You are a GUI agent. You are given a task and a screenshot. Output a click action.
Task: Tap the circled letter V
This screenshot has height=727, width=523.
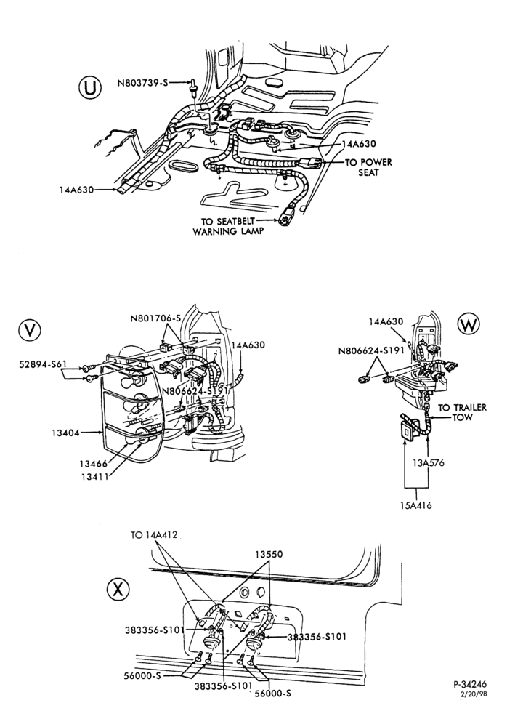coord(30,330)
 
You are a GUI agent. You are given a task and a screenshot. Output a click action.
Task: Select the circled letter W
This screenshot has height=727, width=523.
coord(469,325)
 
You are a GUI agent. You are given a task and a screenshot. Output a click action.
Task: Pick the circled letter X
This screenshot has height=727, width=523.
coord(118,589)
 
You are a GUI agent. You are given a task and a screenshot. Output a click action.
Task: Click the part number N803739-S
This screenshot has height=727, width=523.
coord(142,83)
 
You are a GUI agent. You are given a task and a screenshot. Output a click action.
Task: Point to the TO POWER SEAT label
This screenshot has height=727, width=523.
coord(368,167)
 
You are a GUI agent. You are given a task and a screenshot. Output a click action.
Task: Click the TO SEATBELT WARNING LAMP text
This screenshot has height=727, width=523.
coord(227,226)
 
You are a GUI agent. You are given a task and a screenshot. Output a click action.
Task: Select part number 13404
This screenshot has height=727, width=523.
coord(65,433)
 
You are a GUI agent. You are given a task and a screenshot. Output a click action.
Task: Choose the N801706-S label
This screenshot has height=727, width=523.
coord(155,318)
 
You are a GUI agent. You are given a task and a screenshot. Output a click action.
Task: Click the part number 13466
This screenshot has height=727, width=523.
coord(93,464)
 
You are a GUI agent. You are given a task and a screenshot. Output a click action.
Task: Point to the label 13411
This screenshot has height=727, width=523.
coord(94,477)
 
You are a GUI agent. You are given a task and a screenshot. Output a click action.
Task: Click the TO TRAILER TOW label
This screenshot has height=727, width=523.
coord(462,412)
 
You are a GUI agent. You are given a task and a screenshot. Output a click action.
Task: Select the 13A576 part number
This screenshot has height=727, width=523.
coord(429,462)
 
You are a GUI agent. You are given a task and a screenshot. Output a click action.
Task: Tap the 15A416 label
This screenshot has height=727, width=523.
coord(416,505)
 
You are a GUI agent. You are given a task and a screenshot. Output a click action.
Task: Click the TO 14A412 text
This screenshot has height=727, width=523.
coord(154,535)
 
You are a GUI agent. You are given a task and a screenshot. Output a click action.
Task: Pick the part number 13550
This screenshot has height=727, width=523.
coord(269,554)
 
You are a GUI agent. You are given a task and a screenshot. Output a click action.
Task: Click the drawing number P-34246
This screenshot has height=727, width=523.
coord(470,684)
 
